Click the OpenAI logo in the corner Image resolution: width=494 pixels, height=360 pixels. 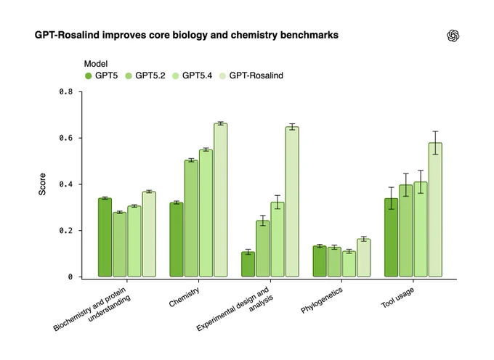(x=453, y=36)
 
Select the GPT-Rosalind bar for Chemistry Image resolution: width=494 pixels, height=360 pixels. (x=221, y=200)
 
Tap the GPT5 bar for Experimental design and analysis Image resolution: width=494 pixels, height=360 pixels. (x=248, y=264)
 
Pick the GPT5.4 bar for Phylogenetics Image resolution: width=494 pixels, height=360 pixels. (x=349, y=264)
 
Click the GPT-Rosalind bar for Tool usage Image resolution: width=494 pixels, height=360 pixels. (x=435, y=210)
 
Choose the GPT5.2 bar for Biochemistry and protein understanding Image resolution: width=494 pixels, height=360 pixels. (x=119, y=245)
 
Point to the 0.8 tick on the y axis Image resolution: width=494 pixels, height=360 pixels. (x=80, y=91)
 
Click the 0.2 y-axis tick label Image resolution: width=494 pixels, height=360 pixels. (x=66, y=231)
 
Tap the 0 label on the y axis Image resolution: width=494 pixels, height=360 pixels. (x=70, y=277)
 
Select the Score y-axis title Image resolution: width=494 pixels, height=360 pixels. (x=42, y=184)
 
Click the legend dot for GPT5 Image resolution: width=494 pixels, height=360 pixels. (x=88, y=75)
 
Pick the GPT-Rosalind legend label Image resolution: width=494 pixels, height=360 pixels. (x=256, y=75)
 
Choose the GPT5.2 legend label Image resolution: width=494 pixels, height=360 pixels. (x=150, y=75)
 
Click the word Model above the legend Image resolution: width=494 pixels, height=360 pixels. (x=96, y=64)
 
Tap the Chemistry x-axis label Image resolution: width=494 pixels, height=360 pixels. (x=185, y=297)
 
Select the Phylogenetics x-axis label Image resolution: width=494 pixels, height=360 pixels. (x=322, y=300)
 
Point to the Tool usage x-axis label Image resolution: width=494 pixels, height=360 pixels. (x=397, y=298)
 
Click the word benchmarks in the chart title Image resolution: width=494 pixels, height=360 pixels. (x=309, y=35)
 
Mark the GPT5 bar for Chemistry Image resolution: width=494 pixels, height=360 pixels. (x=177, y=240)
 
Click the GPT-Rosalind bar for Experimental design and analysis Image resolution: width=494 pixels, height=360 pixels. (x=292, y=202)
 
